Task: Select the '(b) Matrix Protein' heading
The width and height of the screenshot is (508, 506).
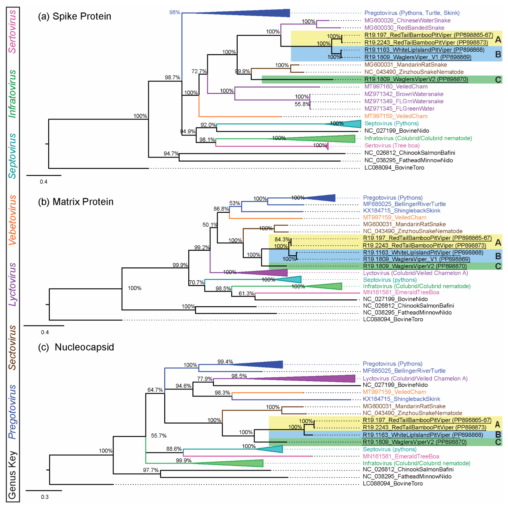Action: pyautogui.click(x=76, y=202)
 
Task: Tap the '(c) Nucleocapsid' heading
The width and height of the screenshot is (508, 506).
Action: pyautogui.click(x=76, y=347)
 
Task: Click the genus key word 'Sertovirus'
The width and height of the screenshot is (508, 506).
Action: pyautogui.click(x=12, y=32)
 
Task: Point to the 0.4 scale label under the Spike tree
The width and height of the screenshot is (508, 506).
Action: pyautogui.click(x=44, y=182)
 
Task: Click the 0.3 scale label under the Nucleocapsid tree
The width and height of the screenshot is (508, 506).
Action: pyautogui.click(x=45, y=497)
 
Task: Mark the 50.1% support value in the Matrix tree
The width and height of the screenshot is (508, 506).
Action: pyautogui.click(x=210, y=225)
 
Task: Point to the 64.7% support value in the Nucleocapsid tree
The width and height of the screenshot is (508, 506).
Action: pyautogui.click(x=155, y=390)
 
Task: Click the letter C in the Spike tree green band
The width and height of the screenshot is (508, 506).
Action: pyautogui.click(x=498, y=80)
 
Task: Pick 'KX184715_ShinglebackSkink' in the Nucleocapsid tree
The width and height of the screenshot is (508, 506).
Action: pyautogui.click(x=401, y=399)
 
